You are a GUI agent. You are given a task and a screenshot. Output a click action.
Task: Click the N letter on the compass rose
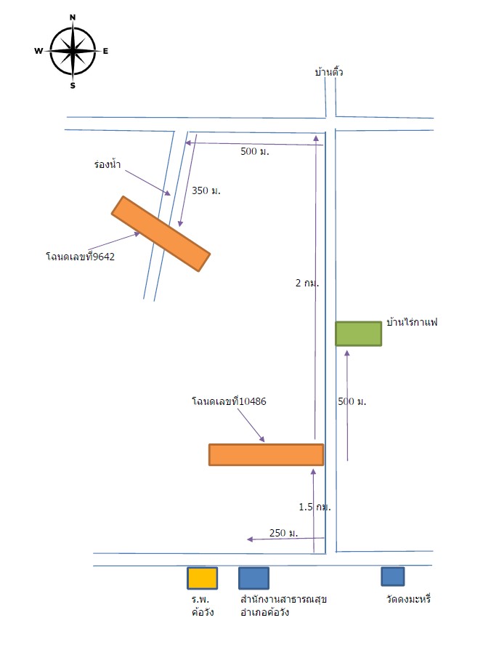[x=73, y=17]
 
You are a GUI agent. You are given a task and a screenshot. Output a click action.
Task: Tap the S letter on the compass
[x=73, y=86]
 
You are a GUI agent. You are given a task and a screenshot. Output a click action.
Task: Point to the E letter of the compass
[x=105, y=51]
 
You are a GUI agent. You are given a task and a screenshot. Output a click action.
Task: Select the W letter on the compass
[x=38, y=51]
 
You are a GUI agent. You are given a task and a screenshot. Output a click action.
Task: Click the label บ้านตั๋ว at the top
[x=329, y=71]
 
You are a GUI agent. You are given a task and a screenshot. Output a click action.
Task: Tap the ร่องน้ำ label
[x=107, y=164]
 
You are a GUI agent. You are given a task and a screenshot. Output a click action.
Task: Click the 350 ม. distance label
[x=206, y=190]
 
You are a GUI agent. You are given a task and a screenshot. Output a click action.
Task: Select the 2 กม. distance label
[x=307, y=283]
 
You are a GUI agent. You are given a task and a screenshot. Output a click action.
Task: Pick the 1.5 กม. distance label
[x=315, y=507]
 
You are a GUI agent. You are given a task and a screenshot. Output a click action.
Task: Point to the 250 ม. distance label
[x=283, y=533]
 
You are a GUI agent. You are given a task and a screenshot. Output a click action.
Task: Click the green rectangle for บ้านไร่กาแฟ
[x=358, y=334]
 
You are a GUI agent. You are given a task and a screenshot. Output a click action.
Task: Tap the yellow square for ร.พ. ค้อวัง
[x=203, y=578]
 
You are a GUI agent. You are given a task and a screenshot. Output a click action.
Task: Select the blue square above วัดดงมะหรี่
[x=392, y=576]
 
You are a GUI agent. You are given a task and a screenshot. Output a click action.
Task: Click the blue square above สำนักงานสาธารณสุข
[x=253, y=578]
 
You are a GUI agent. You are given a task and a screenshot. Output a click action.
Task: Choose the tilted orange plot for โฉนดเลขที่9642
[x=161, y=233]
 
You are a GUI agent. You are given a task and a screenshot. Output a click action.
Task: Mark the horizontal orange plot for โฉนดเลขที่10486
[x=266, y=454]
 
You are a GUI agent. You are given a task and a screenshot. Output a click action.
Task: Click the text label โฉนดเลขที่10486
[x=229, y=401]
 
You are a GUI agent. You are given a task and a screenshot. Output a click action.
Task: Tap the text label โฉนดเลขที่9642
[x=81, y=256]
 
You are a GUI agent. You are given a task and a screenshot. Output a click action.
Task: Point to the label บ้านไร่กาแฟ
[x=412, y=322]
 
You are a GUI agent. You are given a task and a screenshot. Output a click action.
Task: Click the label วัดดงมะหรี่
[x=408, y=599]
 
